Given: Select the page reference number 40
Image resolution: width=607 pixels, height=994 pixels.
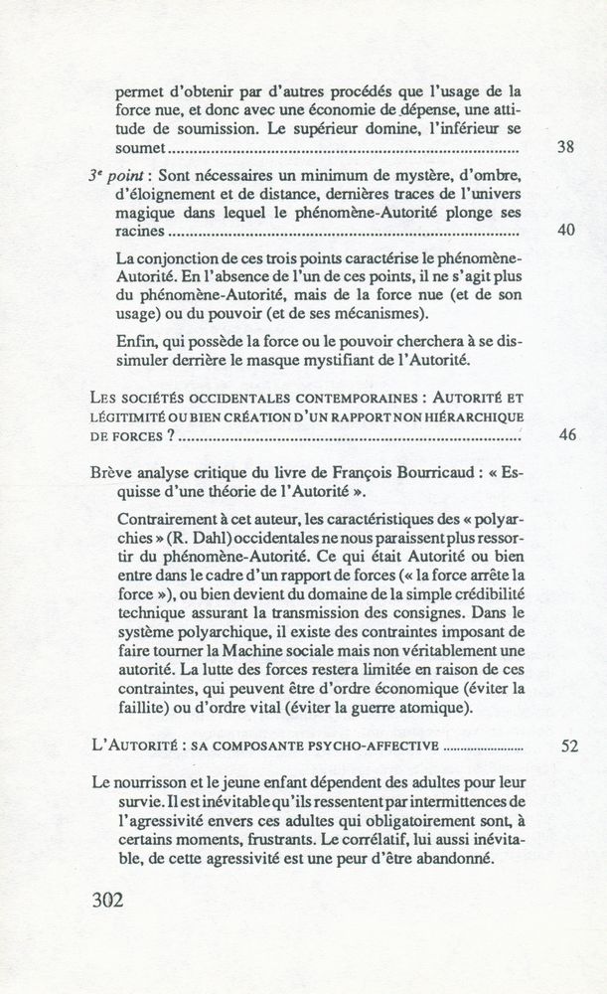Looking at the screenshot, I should (567, 231).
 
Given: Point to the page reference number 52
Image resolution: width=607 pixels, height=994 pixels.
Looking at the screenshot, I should (568, 745).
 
